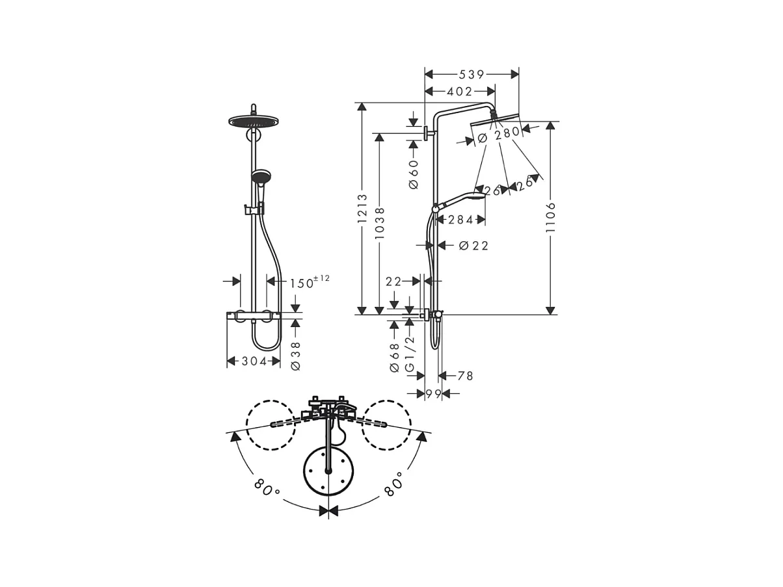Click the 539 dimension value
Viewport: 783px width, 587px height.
click(x=471, y=75)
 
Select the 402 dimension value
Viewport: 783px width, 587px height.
click(x=459, y=92)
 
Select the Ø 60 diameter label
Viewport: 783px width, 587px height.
click(x=413, y=171)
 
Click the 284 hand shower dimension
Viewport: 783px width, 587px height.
click(x=460, y=220)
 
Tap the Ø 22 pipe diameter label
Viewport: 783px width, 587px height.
click(x=473, y=245)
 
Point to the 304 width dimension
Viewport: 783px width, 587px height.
click(x=246, y=361)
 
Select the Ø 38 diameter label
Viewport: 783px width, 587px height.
click(x=295, y=356)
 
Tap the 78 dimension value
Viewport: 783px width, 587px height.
click(x=465, y=376)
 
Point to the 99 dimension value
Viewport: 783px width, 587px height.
click(x=433, y=393)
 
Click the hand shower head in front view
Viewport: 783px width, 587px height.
click(x=259, y=177)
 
